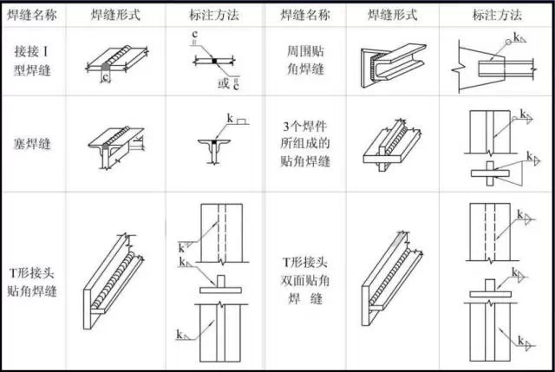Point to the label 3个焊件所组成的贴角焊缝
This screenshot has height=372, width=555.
coord(311,144)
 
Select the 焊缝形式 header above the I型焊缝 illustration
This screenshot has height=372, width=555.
coord(117,16)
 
